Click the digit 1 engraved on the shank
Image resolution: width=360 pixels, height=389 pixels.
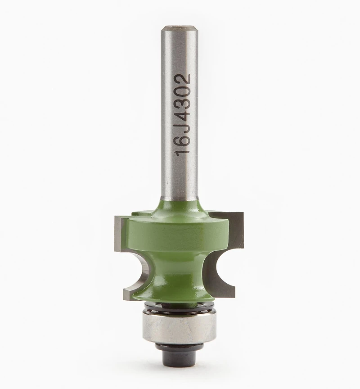(183, 152)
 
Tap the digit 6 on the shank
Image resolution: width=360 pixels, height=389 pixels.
(183, 140)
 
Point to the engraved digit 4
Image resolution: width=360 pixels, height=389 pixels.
(183, 115)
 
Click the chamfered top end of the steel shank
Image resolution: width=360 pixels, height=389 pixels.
(179, 27)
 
